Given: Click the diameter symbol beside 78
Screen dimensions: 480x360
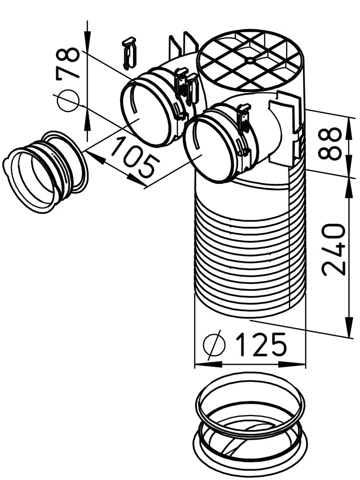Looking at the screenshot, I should click(x=68, y=100).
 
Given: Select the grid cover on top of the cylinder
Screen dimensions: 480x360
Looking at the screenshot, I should click(x=250, y=60).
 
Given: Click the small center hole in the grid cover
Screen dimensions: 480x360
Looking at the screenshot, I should click(x=250, y=60).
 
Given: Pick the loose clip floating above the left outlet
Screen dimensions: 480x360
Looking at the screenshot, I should click(x=129, y=52).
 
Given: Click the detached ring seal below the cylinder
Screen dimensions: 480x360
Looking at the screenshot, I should click(x=250, y=427).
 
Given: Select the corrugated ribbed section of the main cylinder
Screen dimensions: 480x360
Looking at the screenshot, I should click(x=250, y=250).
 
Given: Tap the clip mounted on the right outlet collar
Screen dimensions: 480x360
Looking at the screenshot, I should click(x=244, y=120).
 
